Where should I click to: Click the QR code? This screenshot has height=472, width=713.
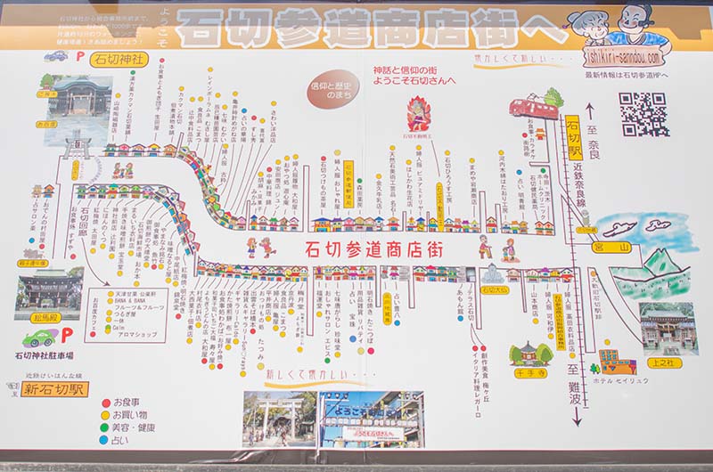coord(643,113)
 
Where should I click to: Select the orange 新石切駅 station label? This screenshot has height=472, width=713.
coord(53,390)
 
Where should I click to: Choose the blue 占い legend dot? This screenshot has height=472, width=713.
coord(106,439)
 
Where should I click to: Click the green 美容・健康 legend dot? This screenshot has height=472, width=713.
coord(106,427)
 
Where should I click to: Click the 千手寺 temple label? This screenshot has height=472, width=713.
coord(529,373)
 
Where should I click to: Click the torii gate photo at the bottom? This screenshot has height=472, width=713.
coord(279,418)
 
